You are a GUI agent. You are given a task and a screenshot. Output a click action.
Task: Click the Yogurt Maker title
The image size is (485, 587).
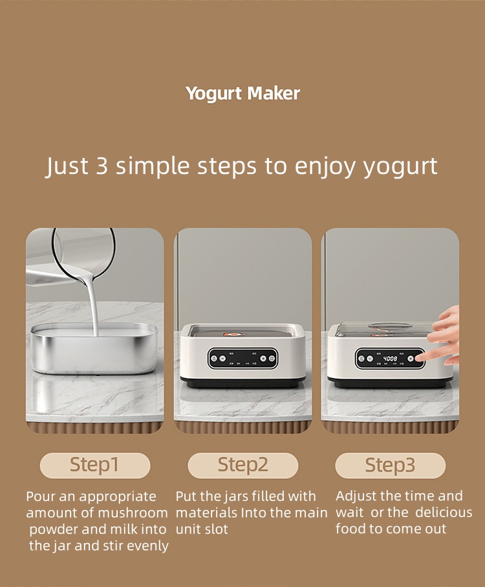[x=242, y=93]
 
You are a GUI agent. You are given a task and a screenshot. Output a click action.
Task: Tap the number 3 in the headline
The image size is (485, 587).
[x=102, y=166]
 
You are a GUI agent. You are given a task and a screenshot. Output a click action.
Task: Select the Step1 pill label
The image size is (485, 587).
[x=94, y=465]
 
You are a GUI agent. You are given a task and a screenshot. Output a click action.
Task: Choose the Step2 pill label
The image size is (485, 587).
[x=242, y=465]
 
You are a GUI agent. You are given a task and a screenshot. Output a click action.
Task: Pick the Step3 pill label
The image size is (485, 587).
[x=390, y=465]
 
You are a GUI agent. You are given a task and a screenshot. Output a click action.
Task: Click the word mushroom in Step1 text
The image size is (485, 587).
[x=133, y=513]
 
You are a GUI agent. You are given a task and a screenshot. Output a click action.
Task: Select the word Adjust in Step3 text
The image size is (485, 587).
[x=356, y=496]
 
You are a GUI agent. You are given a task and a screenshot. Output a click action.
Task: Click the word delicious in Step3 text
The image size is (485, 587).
[x=444, y=513]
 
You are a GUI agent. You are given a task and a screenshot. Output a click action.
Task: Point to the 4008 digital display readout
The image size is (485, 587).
[x=390, y=358]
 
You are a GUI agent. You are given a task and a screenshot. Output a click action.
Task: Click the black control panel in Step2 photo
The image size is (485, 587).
[x=242, y=358]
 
